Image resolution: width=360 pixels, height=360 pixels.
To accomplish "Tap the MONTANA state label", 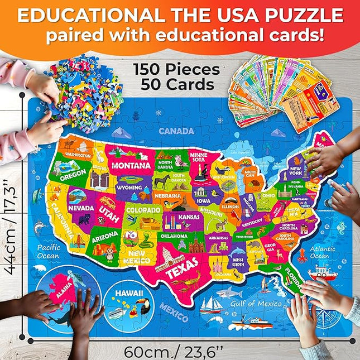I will tap(131, 166).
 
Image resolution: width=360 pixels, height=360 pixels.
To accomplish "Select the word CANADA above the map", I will tap(176, 131).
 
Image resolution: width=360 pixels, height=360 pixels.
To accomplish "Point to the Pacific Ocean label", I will tap(48, 252).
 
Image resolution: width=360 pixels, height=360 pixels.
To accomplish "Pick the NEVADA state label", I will tap(80, 208).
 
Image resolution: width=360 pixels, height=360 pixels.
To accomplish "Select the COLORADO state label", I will tap(143, 210).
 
